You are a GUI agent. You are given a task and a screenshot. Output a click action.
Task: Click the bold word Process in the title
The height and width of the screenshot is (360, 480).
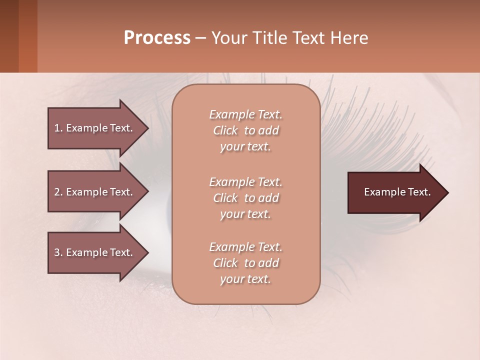157,38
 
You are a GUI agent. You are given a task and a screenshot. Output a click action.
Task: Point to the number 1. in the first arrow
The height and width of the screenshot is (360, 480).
58,128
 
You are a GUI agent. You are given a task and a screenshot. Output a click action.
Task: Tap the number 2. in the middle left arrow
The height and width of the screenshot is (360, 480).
58,192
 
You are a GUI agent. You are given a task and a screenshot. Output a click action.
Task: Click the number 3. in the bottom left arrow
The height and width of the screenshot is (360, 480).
58,252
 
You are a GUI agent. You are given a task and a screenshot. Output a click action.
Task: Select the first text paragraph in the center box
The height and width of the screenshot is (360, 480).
245,130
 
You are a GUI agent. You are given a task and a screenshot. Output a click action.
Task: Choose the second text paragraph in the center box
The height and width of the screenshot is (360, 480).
245,198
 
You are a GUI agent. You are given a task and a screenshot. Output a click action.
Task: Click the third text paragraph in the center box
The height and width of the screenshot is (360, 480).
245,263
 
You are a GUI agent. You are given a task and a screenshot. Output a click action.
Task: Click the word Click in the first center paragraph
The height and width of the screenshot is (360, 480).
225,130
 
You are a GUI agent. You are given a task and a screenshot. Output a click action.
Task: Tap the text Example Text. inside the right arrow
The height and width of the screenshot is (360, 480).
397,192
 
